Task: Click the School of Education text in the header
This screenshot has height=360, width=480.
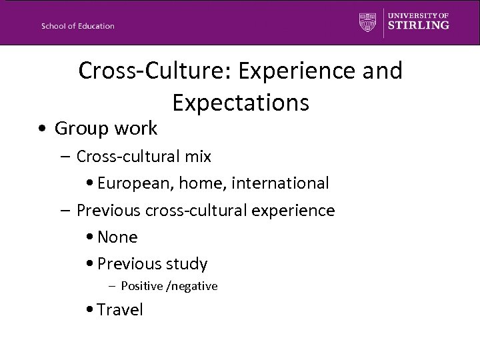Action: click(77, 26)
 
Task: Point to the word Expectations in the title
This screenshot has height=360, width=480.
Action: click(240, 102)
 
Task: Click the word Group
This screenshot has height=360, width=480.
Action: click(81, 127)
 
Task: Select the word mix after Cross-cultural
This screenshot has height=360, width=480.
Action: click(198, 157)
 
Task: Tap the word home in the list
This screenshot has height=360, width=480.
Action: click(199, 183)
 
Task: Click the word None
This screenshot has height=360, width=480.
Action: click(117, 237)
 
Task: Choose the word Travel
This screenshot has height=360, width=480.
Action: click(120, 309)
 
